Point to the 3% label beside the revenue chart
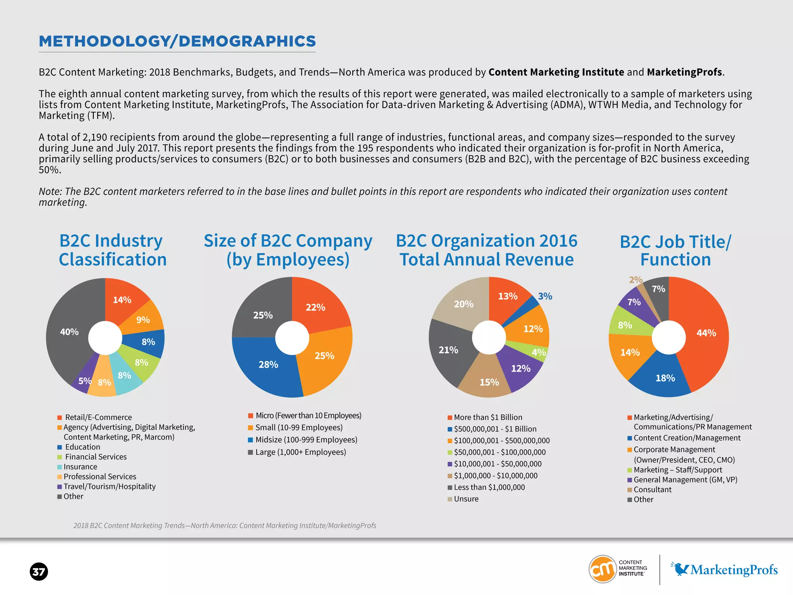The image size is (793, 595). pyautogui.click(x=545, y=296)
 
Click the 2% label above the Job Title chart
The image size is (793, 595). pyautogui.click(x=635, y=280)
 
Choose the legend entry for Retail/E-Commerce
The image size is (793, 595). pyautogui.click(x=98, y=417)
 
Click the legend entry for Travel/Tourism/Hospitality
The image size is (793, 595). pyautogui.click(x=109, y=487)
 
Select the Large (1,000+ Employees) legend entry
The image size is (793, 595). pyautogui.click(x=300, y=452)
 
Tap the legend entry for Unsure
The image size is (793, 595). pyautogui.click(x=466, y=499)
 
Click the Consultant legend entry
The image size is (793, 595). pyautogui.click(x=652, y=490)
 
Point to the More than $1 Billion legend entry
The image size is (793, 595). pyautogui.click(x=487, y=417)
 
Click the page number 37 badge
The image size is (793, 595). pyautogui.click(x=39, y=572)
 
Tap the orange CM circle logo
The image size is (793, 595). pyautogui.click(x=602, y=569)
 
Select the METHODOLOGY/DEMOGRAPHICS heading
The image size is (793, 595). pyautogui.click(x=177, y=41)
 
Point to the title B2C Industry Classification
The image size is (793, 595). pyautogui.click(x=112, y=250)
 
